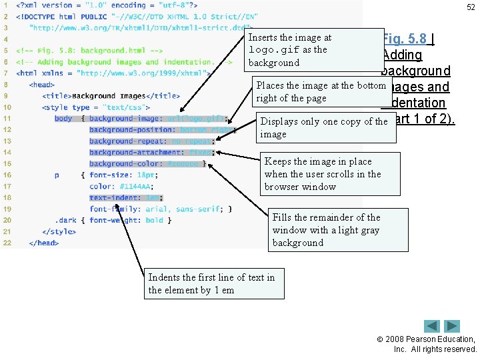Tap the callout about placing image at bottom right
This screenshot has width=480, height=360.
click(x=321, y=91)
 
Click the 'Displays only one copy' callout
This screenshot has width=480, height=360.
click(x=325, y=127)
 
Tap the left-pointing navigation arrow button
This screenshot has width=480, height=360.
click(x=433, y=327)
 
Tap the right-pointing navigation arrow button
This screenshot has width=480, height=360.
click(x=453, y=327)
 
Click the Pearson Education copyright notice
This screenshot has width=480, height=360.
click(x=434, y=344)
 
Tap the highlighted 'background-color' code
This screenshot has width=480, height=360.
click(x=147, y=164)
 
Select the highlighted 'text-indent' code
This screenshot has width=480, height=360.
click(x=126, y=198)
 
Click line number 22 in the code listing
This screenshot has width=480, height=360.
click(x=7, y=243)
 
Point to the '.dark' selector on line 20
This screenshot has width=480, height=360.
click(x=67, y=220)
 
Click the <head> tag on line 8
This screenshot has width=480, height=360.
click(x=42, y=85)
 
